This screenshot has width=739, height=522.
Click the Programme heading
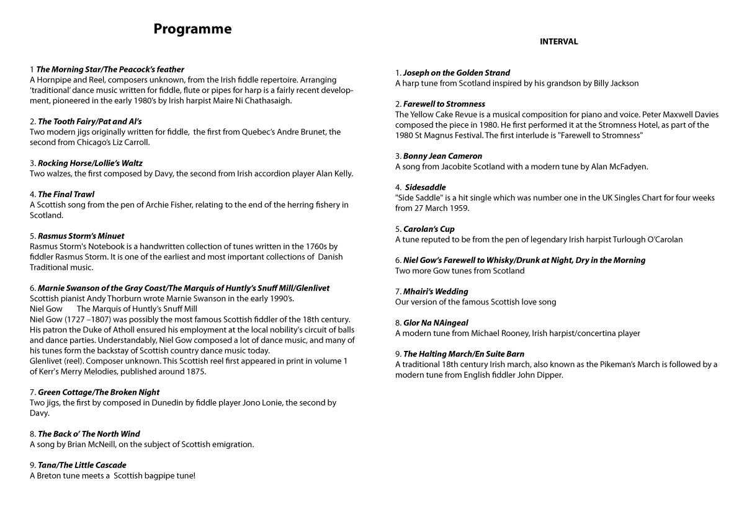192,29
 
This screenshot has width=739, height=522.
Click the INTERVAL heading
558,42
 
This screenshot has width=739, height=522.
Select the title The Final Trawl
66,194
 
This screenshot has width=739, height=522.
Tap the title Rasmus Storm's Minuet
81,236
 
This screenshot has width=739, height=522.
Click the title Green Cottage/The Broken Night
98,392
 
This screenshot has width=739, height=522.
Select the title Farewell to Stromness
444,104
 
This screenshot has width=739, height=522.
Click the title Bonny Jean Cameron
442,156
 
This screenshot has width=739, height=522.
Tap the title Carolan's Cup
429,229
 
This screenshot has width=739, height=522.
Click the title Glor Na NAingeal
436,322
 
